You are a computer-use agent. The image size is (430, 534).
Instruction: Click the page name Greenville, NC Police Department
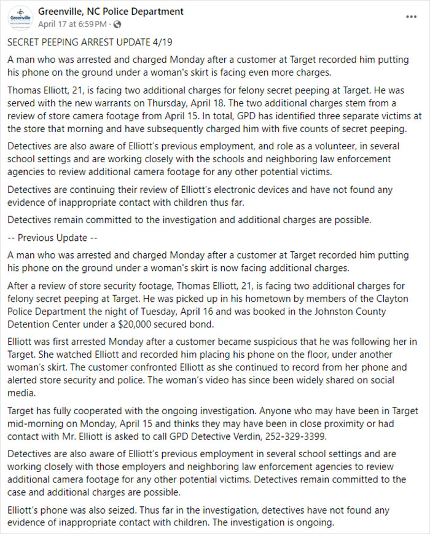[111, 11]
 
